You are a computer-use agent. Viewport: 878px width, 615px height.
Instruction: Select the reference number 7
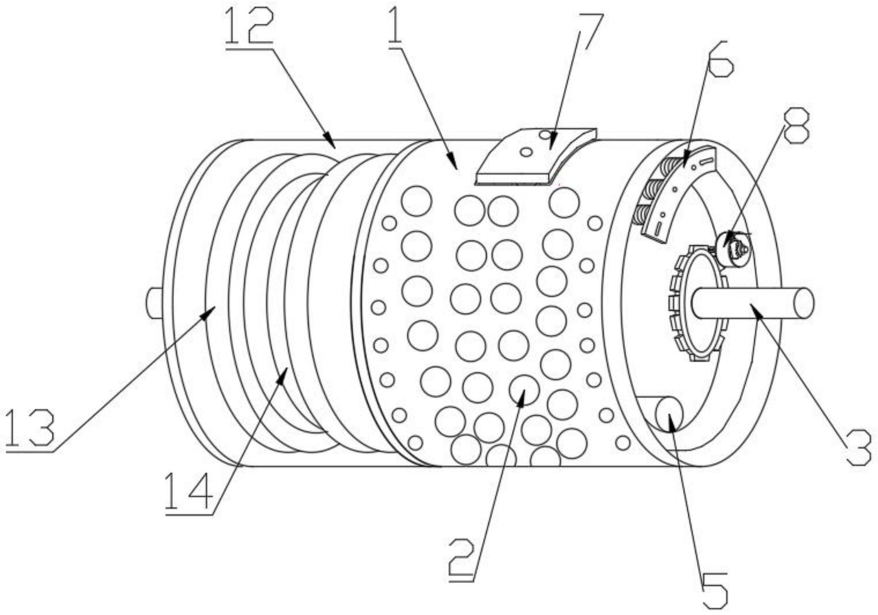587,32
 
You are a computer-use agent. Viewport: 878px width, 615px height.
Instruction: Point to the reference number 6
720,59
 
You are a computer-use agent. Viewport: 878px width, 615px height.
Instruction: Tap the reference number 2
463,560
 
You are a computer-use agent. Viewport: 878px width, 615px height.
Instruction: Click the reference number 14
188,492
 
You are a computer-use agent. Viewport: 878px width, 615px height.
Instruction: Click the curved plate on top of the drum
536,157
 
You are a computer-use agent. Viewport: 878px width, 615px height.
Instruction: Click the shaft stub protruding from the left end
154,302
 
